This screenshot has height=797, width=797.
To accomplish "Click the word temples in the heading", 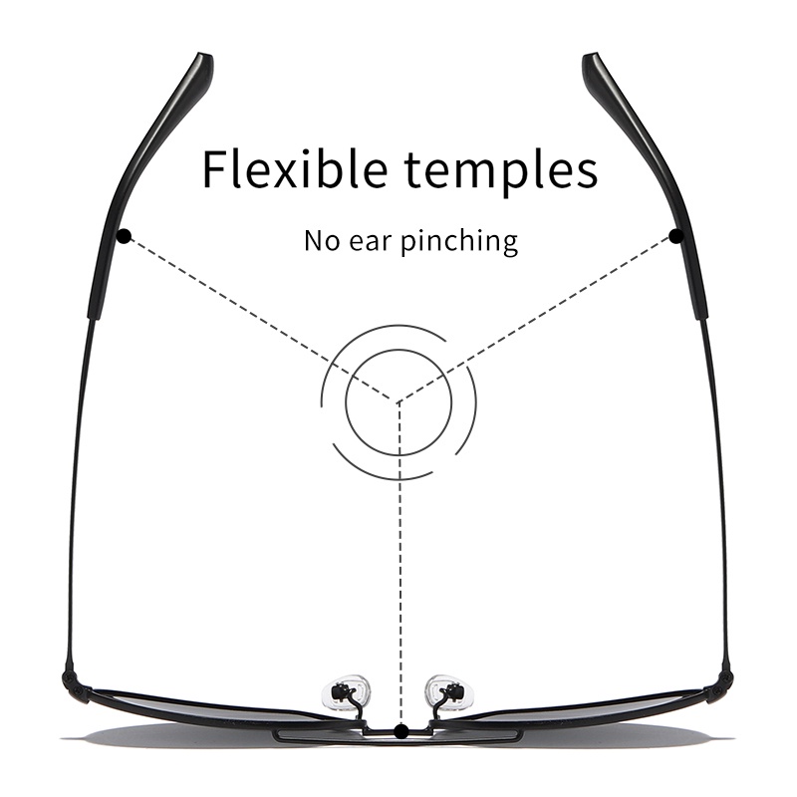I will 506,171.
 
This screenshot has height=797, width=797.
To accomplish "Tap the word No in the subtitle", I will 323,241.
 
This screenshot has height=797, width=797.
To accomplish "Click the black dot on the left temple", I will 123,236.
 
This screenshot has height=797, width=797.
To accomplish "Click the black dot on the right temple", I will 676,236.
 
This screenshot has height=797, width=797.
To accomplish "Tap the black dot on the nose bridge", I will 399,732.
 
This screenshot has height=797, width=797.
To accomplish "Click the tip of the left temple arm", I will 201,63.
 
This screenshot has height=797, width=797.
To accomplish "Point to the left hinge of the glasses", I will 72,680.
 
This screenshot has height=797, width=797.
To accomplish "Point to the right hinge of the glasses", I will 725,680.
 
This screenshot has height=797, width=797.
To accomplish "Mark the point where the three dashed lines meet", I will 398,402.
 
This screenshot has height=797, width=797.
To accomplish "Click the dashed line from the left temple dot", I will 259,319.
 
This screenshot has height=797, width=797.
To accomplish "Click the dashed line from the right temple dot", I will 538,319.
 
